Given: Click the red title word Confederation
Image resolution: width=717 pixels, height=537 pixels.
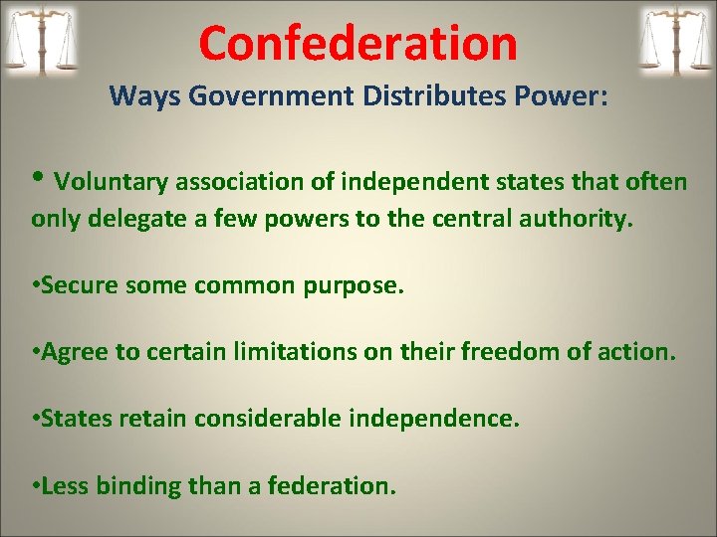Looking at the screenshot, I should pos(358,44).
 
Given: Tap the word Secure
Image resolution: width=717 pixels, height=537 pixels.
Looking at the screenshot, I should pos(77,286).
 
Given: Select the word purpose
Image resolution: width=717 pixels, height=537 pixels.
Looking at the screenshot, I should pos(354,287).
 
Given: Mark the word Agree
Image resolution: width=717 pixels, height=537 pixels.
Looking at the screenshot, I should pos(72,353).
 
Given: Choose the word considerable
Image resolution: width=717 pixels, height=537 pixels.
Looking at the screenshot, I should pos(271,420).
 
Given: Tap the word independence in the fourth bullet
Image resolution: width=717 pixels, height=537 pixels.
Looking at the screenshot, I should pos(436,420).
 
